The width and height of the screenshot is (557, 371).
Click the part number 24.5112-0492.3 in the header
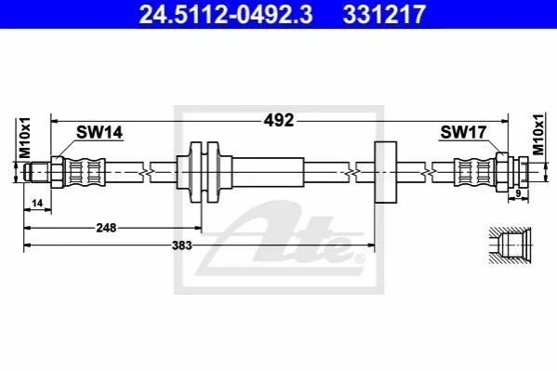click(x=226, y=14)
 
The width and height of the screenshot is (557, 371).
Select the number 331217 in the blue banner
click(x=384, y=14)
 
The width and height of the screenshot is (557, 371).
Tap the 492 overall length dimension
click(x=279, y=121)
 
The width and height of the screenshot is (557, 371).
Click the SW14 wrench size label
click(x=99, y=133)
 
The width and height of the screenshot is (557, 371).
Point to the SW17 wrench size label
click(x=463, y=133)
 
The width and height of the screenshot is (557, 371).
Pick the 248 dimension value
click(x=106, y=228)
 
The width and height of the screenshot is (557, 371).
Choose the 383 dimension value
click(x=182, y=245)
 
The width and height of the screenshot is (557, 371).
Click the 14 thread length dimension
click(x=37, y=203)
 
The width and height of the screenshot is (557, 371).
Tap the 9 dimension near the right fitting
click(x=518, y=193)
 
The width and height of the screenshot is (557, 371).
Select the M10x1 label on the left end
click(x=25, y=138)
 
